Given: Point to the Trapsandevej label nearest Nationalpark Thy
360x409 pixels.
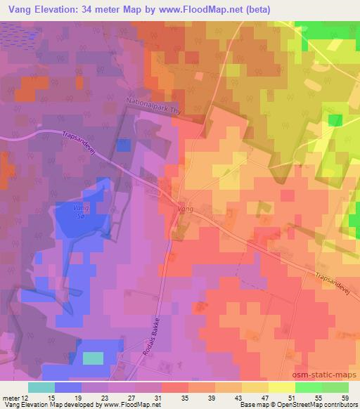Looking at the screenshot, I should coord(87,143).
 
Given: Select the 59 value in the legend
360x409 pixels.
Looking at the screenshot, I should coord(344,398).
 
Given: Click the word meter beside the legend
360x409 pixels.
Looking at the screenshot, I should coord(11,398).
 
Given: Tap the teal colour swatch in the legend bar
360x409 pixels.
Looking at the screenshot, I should coord(41,387).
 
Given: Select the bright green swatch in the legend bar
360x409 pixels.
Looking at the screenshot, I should coord(308,387).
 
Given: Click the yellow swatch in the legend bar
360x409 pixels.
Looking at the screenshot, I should coord(281,387).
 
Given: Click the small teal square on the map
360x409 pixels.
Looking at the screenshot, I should coord(93,358).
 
